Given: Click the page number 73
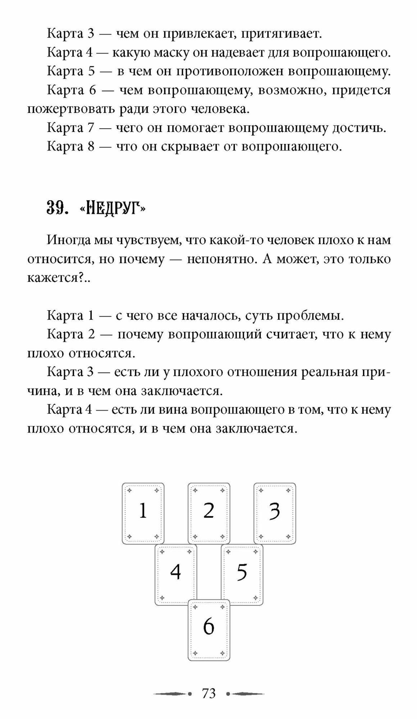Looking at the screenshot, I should coord(209,693).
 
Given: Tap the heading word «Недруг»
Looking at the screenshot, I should coord(112,208).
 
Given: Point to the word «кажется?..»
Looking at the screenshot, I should coord(59,278).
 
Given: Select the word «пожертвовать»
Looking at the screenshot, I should coord(71,109).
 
